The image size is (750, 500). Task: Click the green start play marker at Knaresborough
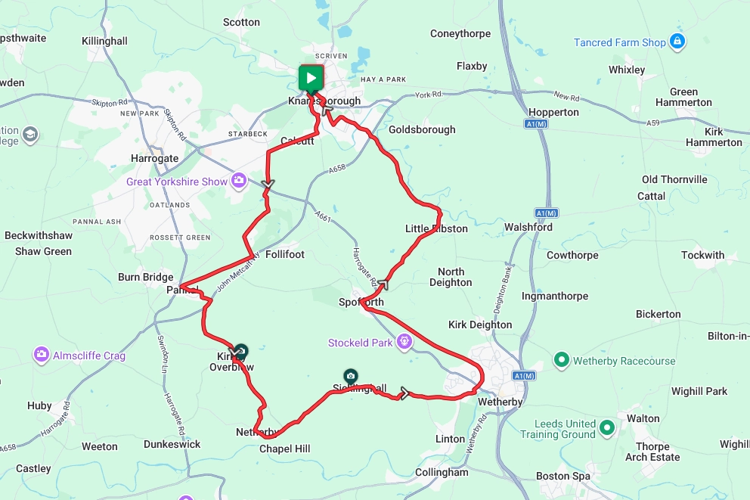311,77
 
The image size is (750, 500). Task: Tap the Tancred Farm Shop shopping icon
678,41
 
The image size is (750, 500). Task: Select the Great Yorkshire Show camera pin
239,180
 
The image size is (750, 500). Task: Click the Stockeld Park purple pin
404,342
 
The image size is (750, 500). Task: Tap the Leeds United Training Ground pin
607,429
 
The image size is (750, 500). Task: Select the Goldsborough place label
422,129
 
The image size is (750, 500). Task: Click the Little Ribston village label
436,228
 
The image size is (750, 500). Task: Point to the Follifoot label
285,254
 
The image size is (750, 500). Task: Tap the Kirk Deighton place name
480,325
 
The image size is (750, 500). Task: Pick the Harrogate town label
153,158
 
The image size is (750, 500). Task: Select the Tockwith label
702,255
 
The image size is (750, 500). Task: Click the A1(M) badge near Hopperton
535,123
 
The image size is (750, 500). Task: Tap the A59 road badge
655,121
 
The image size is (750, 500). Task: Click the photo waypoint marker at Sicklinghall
350,375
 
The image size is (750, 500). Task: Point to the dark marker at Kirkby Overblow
240,351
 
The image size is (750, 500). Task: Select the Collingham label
442,472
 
